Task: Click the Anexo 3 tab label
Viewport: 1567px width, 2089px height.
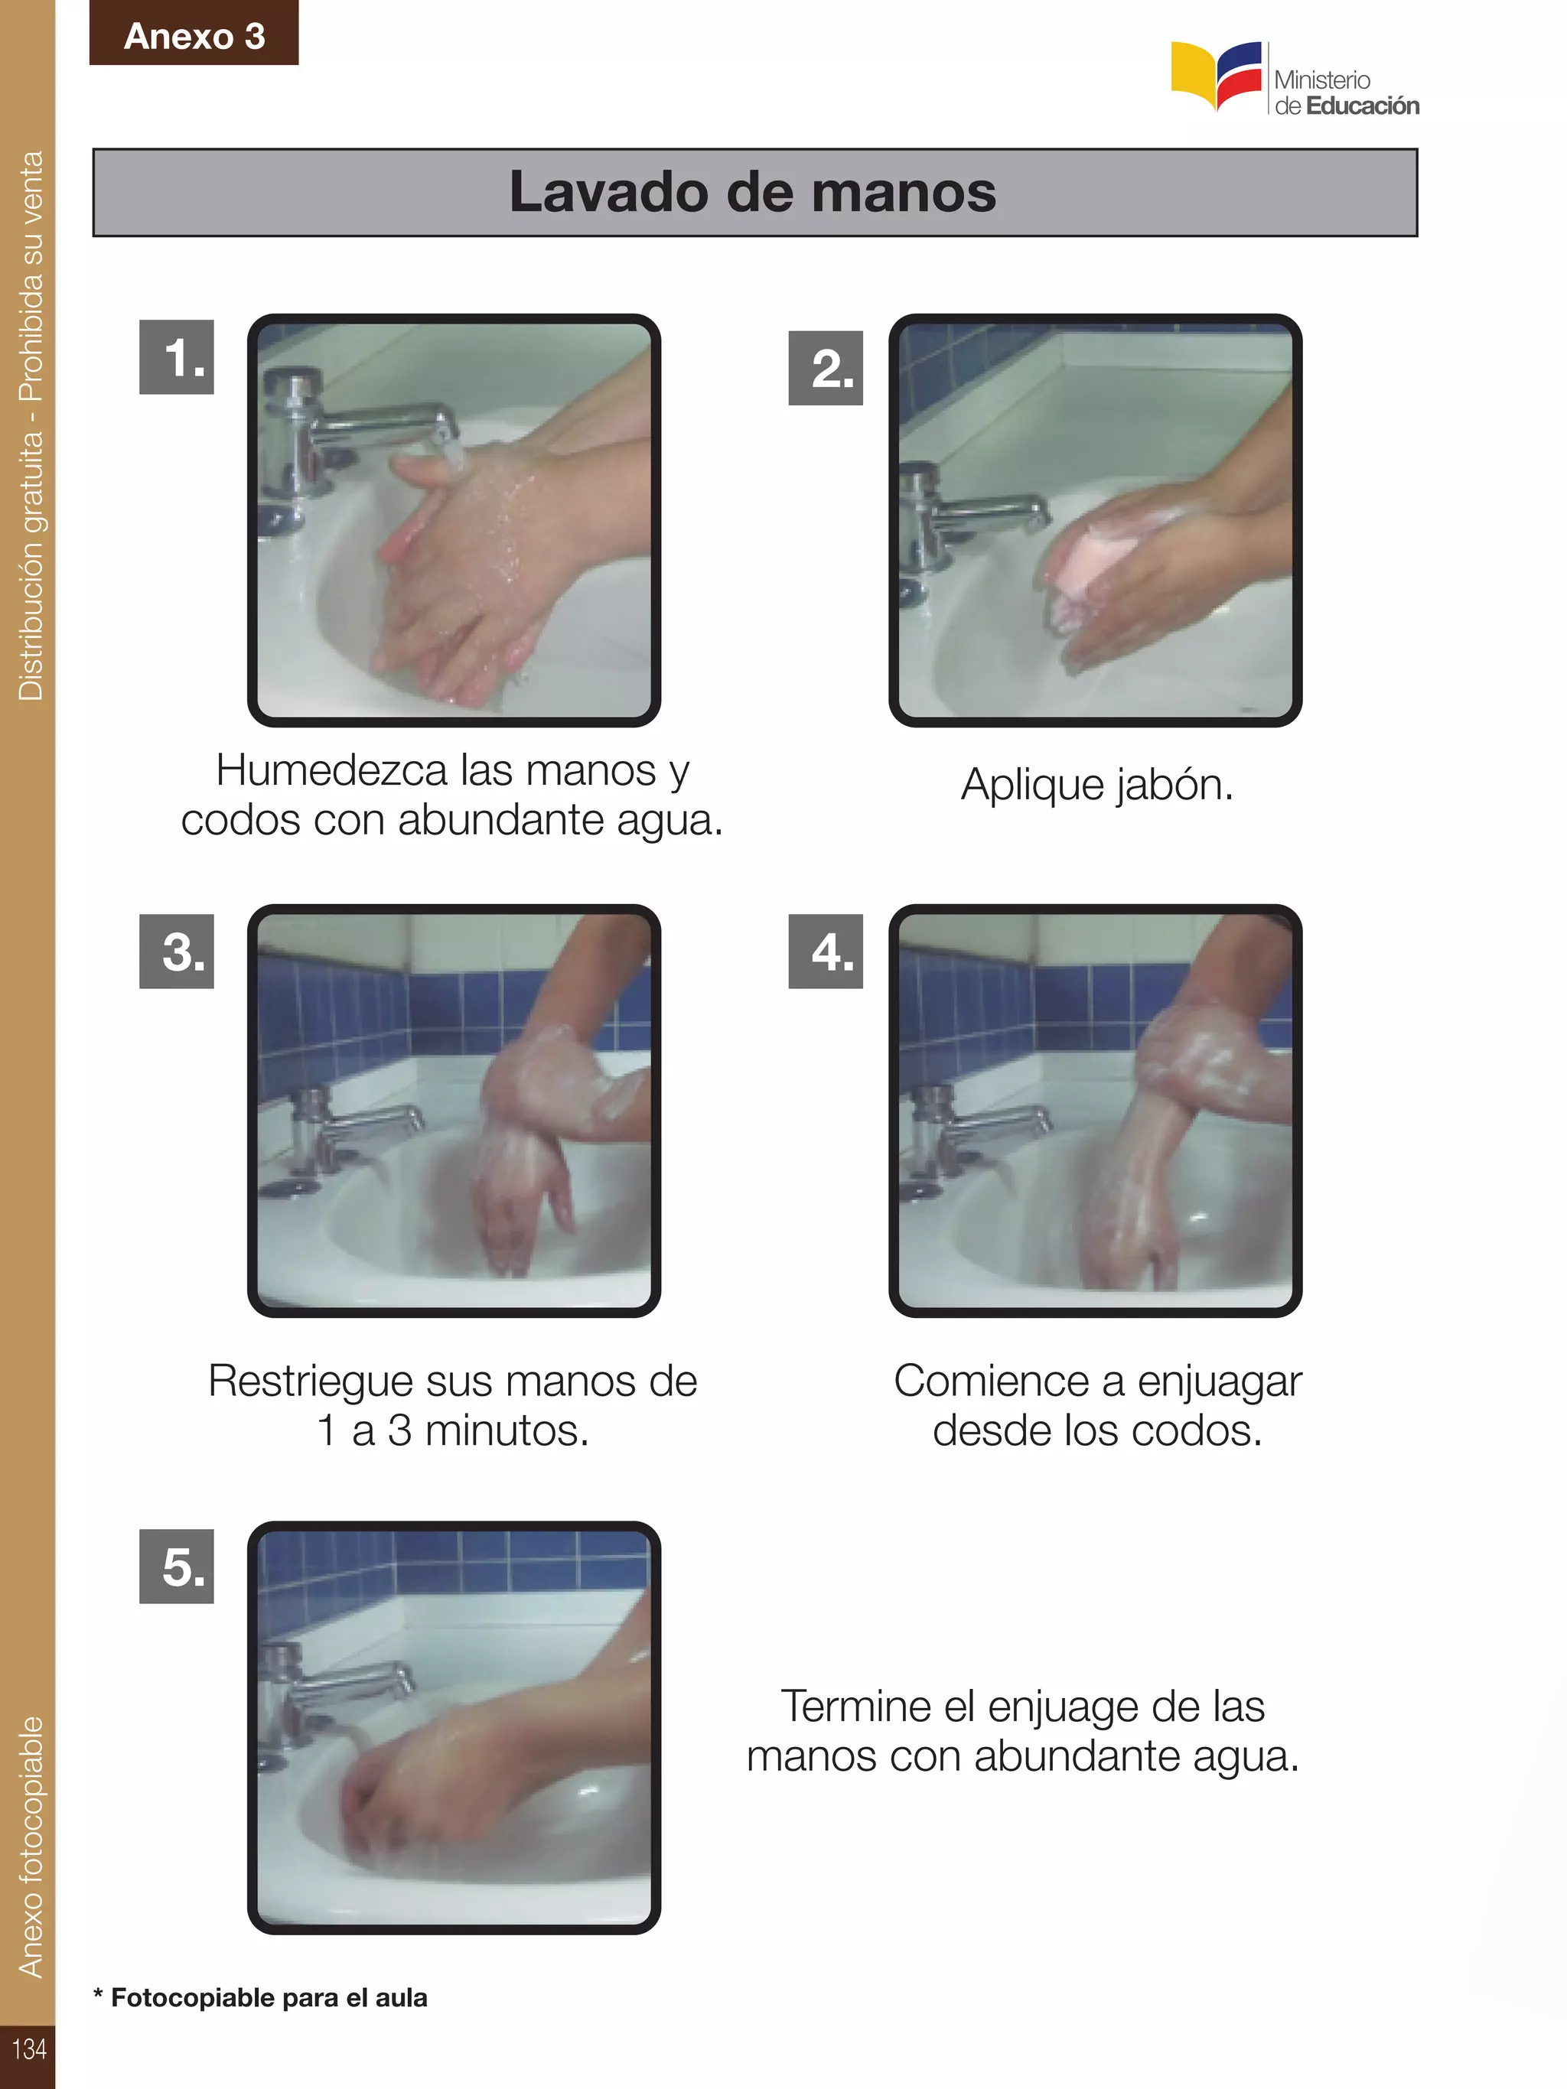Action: point(194,36)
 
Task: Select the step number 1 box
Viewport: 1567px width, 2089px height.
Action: point(177,358)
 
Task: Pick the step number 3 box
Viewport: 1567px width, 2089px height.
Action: point(177,951)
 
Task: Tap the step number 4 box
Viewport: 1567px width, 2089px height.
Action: point(826,951)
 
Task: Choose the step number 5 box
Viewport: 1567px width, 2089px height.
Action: point(177,1567)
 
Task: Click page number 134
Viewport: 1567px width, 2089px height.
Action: point(28,2048)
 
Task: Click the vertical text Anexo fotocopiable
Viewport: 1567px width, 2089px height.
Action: point(31,1847)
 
